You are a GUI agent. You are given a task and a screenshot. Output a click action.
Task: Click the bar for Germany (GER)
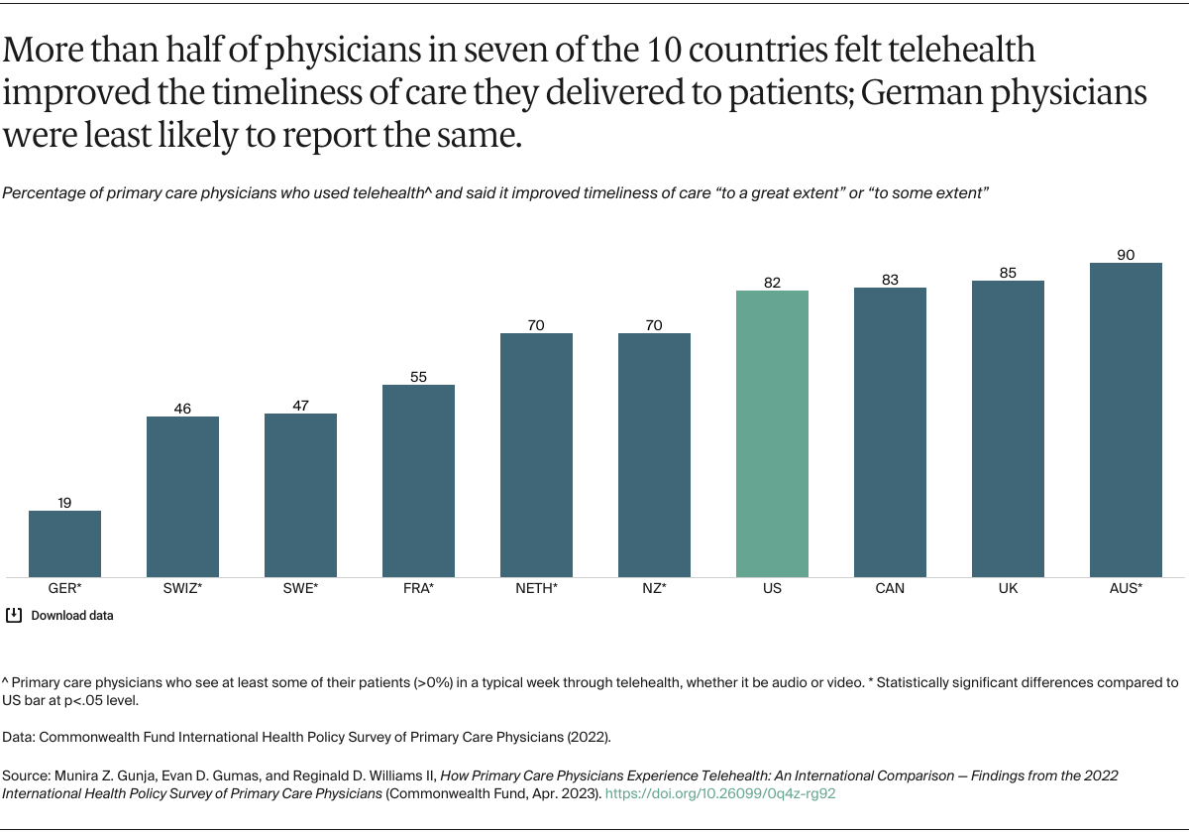click(64, 543)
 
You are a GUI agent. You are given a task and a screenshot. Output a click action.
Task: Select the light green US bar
click(772, 433)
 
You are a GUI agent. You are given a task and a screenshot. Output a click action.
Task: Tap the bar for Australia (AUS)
click(1125, 419)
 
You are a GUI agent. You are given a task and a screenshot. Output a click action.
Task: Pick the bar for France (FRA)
click(418, 481)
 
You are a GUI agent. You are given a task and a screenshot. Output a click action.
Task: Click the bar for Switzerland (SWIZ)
click(182, 496)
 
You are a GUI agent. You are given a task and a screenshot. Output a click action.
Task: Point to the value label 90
click(1125, 255)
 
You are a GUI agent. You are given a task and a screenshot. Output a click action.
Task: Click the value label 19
click(64, 503)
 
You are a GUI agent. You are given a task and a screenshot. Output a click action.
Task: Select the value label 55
click(418, 377)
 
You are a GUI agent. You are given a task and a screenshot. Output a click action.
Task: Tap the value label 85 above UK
click(1008, 273)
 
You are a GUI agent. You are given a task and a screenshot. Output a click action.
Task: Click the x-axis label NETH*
click(536, 588)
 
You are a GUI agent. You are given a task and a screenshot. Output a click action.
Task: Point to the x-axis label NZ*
click(654, 588)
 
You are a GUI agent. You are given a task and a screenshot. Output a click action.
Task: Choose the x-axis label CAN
click(890, 588)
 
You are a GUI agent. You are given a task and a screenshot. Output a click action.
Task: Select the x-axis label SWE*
click(300, 588)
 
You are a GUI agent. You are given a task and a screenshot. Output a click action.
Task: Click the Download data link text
click(72, 616)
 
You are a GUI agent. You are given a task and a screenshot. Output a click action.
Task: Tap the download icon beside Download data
click(14, 615)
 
